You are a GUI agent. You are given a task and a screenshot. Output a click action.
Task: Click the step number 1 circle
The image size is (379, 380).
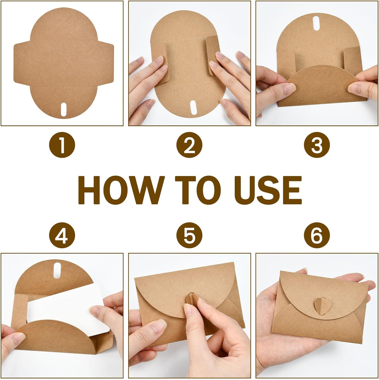(62, 146)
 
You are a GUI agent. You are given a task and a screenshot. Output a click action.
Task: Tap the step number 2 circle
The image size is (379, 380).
(189, 146)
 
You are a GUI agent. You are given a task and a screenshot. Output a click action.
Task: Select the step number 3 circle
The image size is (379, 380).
(317, 146)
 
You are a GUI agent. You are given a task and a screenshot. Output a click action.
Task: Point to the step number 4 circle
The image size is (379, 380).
(62, 235)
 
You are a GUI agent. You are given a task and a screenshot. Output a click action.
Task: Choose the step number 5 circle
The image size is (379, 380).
(189, 235)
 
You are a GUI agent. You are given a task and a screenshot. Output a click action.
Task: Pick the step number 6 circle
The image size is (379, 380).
(317, 235)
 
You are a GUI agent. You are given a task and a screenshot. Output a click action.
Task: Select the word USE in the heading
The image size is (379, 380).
(269, 190)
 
